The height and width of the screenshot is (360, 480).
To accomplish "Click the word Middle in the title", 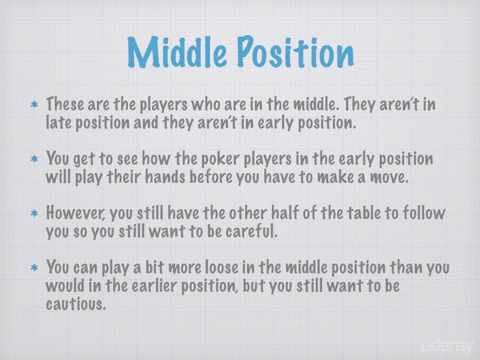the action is [x=176, y=52].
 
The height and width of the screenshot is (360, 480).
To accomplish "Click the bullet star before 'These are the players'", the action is [x=34, y=105].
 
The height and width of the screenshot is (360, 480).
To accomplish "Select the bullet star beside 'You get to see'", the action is [x=34, y=159].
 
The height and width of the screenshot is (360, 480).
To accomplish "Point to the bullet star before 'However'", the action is [x=34, y=213].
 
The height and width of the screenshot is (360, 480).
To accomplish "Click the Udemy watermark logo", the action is [x=447, y=346].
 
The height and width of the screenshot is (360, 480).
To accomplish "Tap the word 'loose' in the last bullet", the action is [x=221, y=267].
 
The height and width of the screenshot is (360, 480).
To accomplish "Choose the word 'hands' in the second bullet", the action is [x=165, y=176].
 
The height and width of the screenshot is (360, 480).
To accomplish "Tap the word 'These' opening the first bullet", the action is [x=65, y=104].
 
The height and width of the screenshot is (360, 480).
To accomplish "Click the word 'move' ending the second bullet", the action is [x=389, y=177].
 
